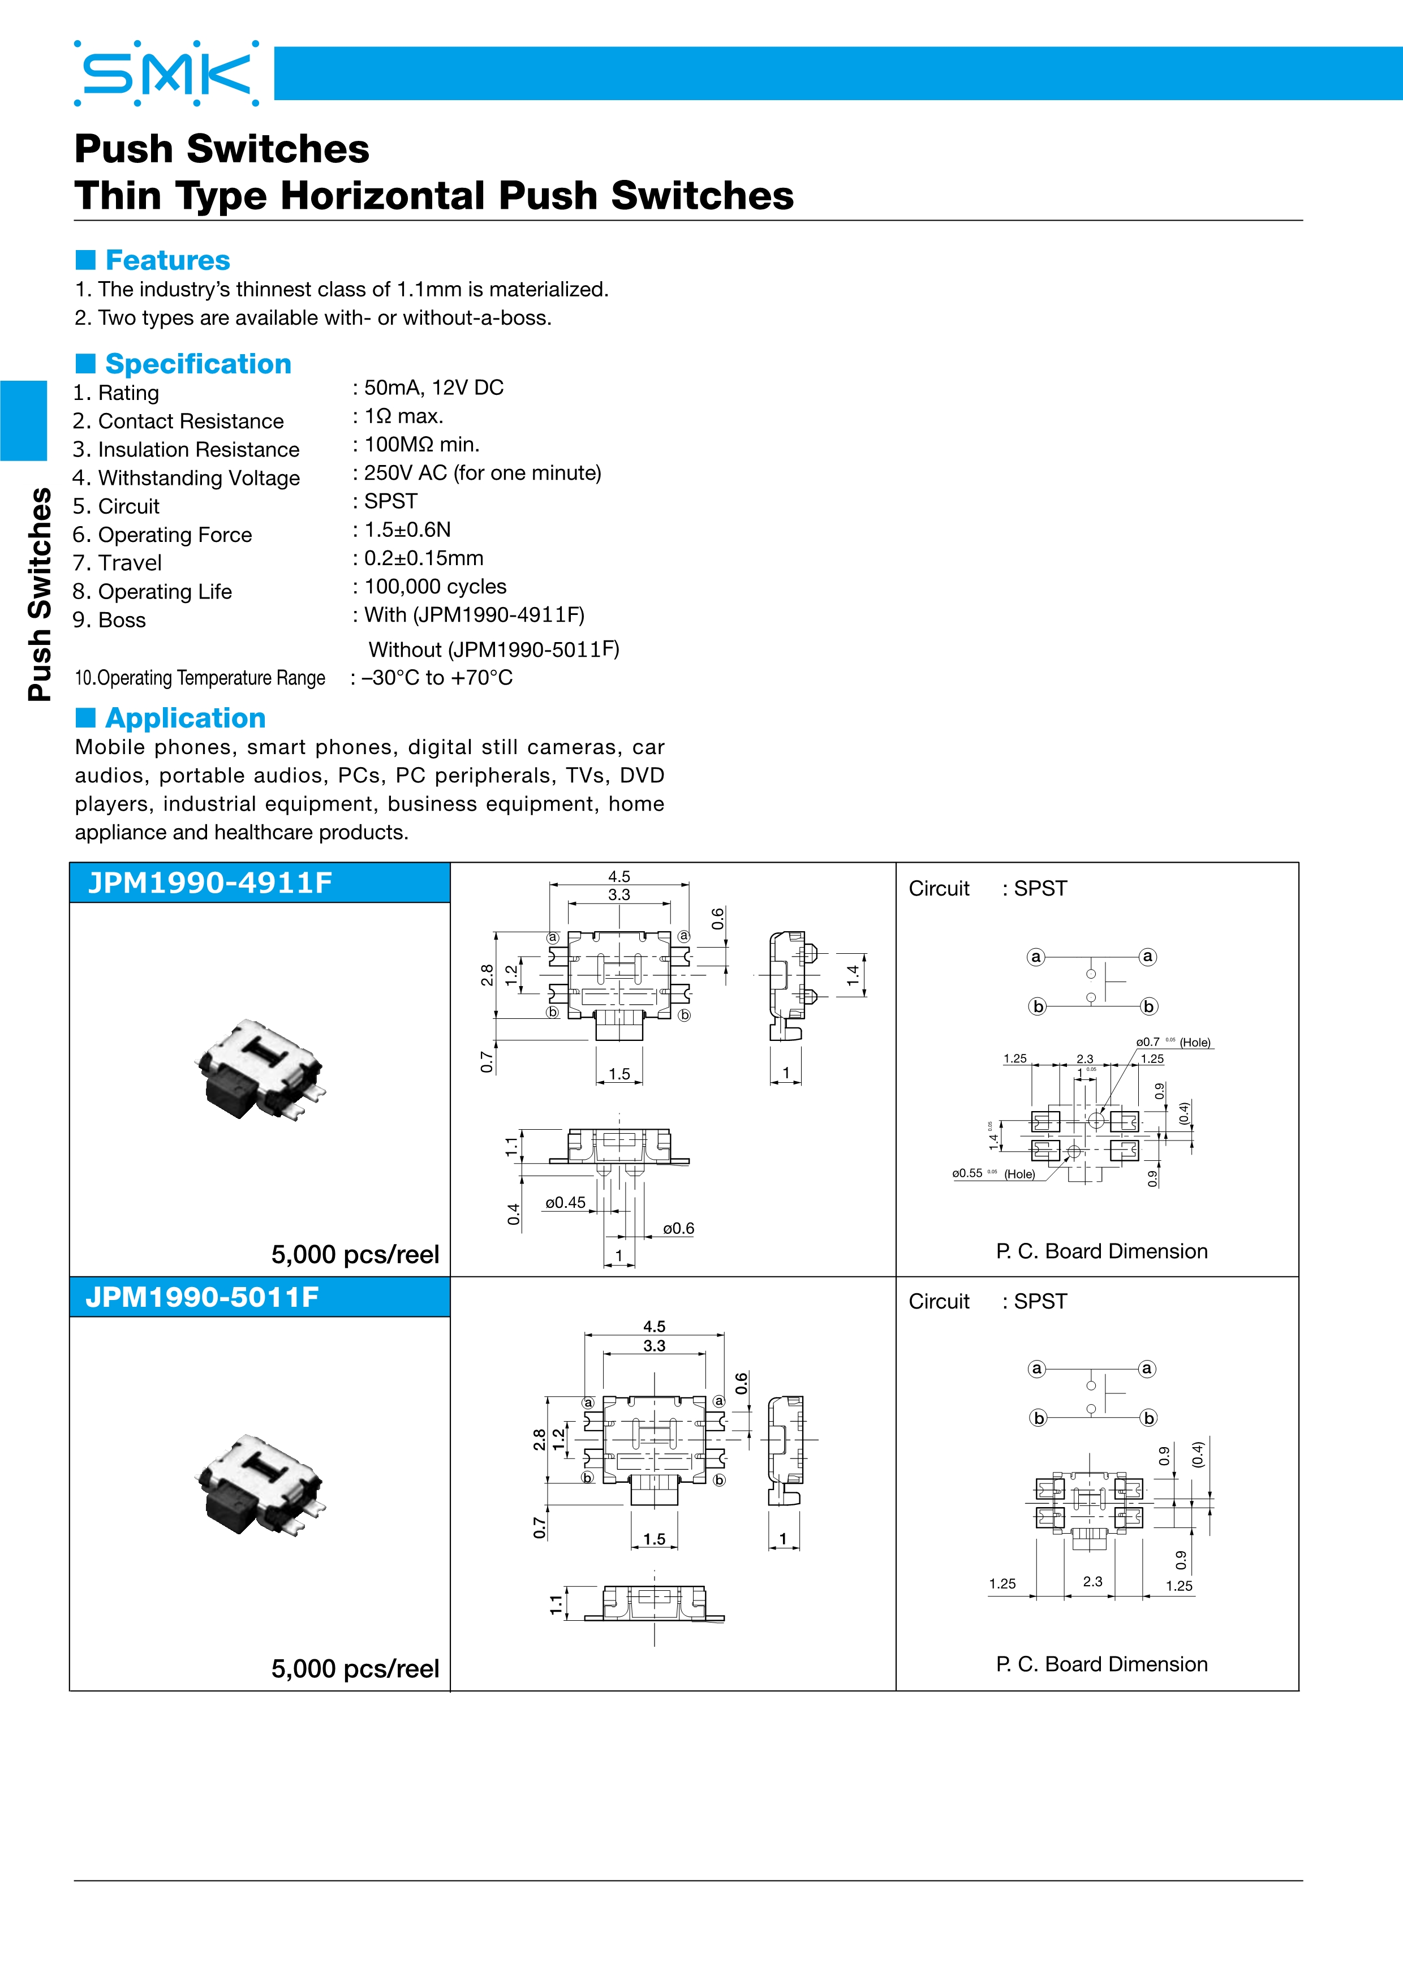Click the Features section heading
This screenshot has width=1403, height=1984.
coord(167,260)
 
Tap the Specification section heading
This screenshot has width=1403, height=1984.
coord(198,364)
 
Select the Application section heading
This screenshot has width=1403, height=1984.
coord(185,718)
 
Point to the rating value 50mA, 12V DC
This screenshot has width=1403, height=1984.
coord(434,388)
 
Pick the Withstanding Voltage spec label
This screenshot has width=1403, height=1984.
coord(199,478)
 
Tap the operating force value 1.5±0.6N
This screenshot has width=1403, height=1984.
coord(407,530)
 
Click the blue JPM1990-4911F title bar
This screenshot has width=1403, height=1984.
coord(259,883)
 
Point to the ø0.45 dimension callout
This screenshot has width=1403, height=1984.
coord(565,1202)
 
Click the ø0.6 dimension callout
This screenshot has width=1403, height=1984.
coord(678,1228)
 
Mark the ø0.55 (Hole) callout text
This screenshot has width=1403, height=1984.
coord(993,1173)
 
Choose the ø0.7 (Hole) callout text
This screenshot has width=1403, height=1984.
coord(1173,1042)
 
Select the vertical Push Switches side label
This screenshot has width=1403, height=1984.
coord(40,595)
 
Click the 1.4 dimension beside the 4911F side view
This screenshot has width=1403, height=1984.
coord(853,975)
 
